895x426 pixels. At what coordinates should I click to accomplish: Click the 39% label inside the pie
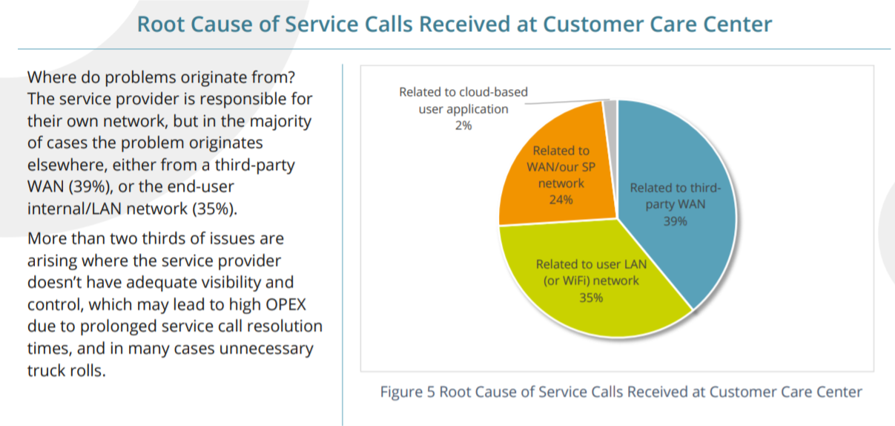676,221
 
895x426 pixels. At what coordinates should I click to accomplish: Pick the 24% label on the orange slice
561,200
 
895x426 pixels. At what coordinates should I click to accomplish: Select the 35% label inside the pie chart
591,298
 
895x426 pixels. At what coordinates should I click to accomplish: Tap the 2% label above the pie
463,125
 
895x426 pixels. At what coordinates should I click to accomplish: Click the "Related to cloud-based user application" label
463,100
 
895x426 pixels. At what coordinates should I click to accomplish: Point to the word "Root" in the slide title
160,24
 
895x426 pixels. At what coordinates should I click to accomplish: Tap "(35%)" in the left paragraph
215,208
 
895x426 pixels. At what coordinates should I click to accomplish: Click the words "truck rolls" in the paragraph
67,370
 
